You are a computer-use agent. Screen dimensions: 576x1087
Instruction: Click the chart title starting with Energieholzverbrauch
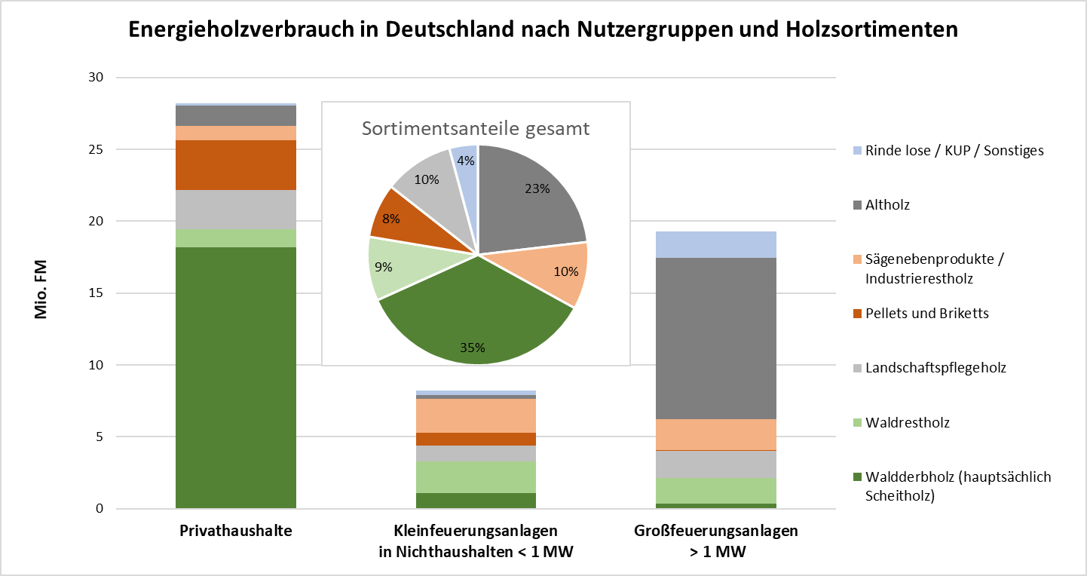[543, 29]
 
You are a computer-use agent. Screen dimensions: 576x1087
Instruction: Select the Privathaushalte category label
[236, 531]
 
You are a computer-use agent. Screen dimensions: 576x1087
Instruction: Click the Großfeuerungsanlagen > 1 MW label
[716, 541]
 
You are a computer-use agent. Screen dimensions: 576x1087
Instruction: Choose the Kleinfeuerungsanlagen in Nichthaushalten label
[476, 541]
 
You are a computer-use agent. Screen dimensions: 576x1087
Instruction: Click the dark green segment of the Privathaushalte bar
[236, 377]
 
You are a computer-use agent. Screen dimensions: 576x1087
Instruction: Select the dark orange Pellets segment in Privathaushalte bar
[236, 165]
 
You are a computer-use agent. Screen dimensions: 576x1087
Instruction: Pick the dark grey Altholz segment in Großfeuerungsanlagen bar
[716, 339]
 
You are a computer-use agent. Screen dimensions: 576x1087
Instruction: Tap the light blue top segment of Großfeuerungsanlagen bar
[716, 245]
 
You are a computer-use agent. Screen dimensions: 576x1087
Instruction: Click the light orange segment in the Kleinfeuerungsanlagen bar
[476, 415]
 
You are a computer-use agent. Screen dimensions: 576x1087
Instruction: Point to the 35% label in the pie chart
[473, 348]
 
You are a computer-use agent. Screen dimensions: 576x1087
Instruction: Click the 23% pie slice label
[537, 189]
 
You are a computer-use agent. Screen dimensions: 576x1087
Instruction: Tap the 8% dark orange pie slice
[390, 219]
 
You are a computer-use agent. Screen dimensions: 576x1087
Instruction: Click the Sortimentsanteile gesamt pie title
[476, 128]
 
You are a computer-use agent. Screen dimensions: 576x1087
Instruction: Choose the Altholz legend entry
[887, 204]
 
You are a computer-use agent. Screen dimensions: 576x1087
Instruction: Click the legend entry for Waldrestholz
[908, 422]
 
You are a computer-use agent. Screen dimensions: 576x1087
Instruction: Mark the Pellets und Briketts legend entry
[927, 313]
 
